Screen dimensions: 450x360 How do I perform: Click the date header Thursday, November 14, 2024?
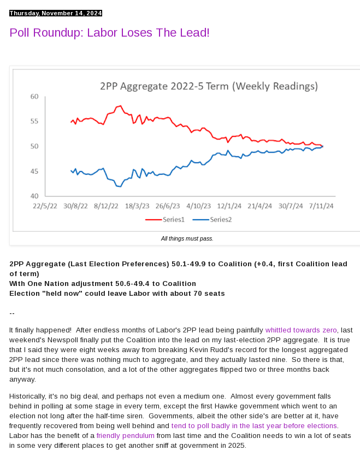pos(56,13)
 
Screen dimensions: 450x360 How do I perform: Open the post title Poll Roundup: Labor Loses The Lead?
pos(109,33)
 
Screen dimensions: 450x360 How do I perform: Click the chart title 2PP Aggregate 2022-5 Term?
pos(209,86)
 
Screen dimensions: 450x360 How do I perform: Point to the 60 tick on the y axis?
pos(34,97)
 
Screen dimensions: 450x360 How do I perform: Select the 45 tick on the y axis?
pos(34,171)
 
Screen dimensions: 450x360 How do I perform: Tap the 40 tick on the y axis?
pos(34,196)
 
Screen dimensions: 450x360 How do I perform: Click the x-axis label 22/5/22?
pos(45,206)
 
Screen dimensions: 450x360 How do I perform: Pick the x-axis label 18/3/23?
pos(137,206)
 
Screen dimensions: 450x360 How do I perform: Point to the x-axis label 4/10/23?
pos(198,206)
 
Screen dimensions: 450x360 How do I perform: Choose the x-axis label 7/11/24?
pos(321,206)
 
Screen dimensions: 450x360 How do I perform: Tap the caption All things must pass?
pos(187,238)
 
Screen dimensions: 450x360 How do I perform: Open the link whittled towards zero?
pos(301,330)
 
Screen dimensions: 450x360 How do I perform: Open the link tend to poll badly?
pos(254,425)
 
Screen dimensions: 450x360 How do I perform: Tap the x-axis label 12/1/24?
pos(229,206)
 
